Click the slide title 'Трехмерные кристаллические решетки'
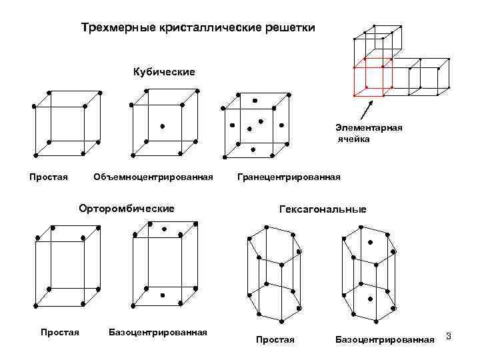coord(198,29)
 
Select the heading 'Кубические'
coord(165,71)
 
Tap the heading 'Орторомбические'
coord(127,209)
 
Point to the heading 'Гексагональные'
coord(323,209)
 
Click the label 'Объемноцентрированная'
coord(153,177)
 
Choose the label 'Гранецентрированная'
coord(289,177)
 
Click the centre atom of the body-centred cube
coord(162,125)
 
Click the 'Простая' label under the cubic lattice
coord(49,177)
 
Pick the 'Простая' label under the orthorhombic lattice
coord(60,331)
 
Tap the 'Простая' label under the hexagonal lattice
coord(275,339)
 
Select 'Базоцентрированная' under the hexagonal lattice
coord(384,339)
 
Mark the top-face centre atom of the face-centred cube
coord(255,101)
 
